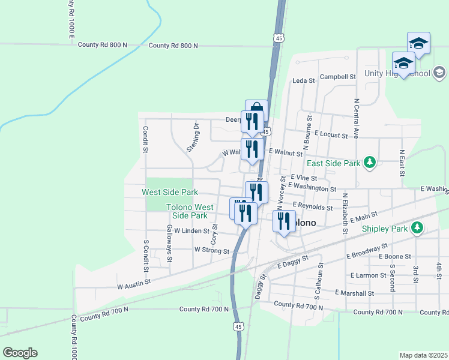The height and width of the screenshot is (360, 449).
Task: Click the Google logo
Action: coord(20,353)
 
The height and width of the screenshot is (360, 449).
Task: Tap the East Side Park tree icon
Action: coord(370,163)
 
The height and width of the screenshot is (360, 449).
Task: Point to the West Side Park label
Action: coord(169,193)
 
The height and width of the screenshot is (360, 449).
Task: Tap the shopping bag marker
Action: coord(256,109)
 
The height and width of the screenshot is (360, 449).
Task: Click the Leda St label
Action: coord(304,81)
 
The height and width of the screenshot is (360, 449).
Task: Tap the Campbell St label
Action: coord(337,77)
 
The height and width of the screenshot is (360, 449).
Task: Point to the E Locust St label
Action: coord(330,135)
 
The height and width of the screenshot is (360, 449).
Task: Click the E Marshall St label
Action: coord(355,293)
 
